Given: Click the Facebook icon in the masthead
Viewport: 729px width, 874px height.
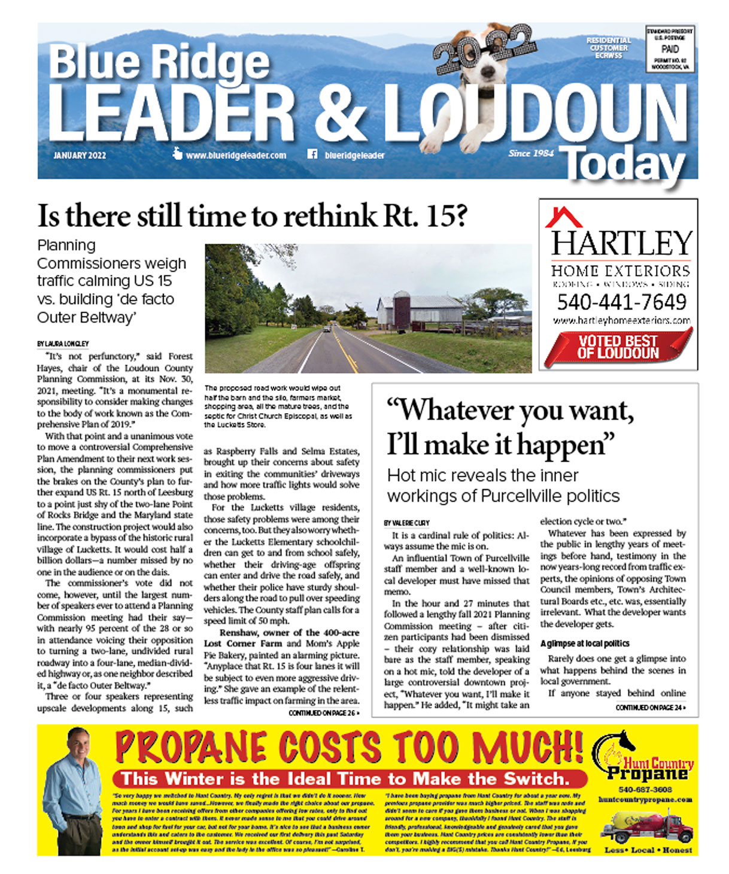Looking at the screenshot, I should [x=312, y=154].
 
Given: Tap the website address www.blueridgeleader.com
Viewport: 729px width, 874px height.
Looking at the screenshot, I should [x=236, y=155].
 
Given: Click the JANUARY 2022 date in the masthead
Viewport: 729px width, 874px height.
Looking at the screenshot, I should [x=80, y=155].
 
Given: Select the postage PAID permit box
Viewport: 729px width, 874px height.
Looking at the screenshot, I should [x=670, y=49].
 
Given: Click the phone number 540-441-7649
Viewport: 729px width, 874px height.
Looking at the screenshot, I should [x=621, y=301].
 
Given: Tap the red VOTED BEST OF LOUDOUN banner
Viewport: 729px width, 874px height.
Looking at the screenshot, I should [x=618, y=347].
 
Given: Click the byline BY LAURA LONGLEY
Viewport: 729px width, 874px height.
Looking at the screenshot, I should [x=63, y=344].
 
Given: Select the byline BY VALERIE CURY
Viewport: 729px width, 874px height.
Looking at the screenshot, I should [x=406, y=523].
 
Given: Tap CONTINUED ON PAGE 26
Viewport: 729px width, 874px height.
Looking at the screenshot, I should [x=324, y=713].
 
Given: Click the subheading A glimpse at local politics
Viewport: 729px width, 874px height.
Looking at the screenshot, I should [x=584, y=644].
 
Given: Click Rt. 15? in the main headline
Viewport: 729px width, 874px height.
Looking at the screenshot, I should [x=425, y=216].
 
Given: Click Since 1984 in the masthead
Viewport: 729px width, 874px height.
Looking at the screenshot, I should [x=531, y=153].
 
